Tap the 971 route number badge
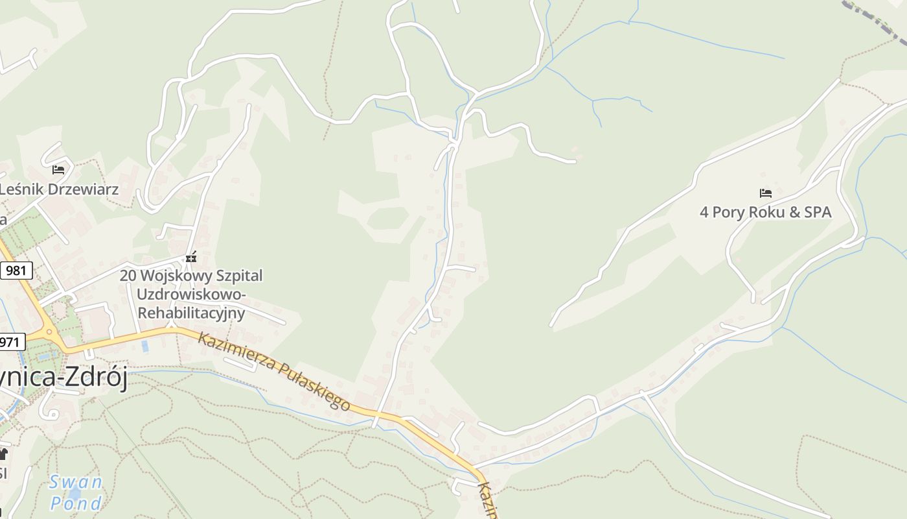[11, 341]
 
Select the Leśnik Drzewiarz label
[59, 189]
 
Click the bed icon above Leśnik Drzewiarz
[58, 170]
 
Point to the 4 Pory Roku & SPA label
[765, 212]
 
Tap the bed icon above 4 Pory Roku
[766, 193]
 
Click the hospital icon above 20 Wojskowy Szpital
[190, 258]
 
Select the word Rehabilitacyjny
[192, 313]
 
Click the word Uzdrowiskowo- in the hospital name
[191, 294]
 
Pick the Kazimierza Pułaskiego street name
[274, 370]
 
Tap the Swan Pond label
[76, 492]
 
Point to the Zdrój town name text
[96, 377]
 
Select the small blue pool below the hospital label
[144, 346]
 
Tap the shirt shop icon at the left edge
[3, 453]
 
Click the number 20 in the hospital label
[128, 276]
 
